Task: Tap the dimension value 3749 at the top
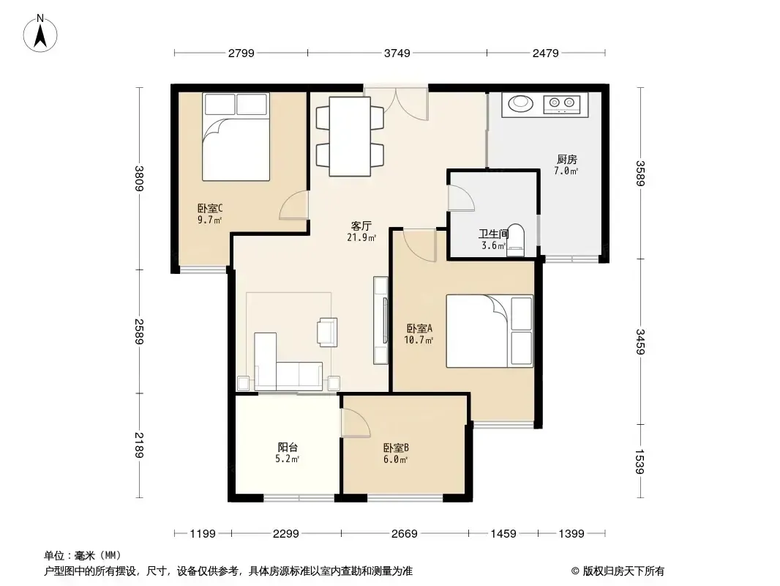pyautogui.click(x=397, y=53)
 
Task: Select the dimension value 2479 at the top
pyautogui.click(x=546, y=53)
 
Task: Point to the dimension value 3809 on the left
pyautogui.click(x=140, y=178)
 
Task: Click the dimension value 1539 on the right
pyautogui.click(x=641, y=462)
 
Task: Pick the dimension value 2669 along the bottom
pyautogui.click(x=405, y=534)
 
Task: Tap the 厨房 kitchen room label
pyautogui.click(x=566, y=160)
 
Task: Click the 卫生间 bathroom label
pyautogui.click(x=493, y=234)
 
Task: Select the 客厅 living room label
pyautogui.click(x=361, y=226)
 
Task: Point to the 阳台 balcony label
pyautogui.click(x=288, y=447)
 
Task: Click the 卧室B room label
pyautogui.click(x=396, y=448)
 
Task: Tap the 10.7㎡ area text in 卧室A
pyautogui.click(x=419, y=340)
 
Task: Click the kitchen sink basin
pyautogui.click(x=520, y=103)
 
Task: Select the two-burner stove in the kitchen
pyautogui.click(x=562, y=103)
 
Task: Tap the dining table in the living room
pyautogui.click(x=350, y=136)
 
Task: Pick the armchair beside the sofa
pyautogui.click(x=327, y=332)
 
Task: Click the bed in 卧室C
pyautogui.click(x=236, y=136)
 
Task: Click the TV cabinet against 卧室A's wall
pyautogui.click(x=381, y=320)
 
